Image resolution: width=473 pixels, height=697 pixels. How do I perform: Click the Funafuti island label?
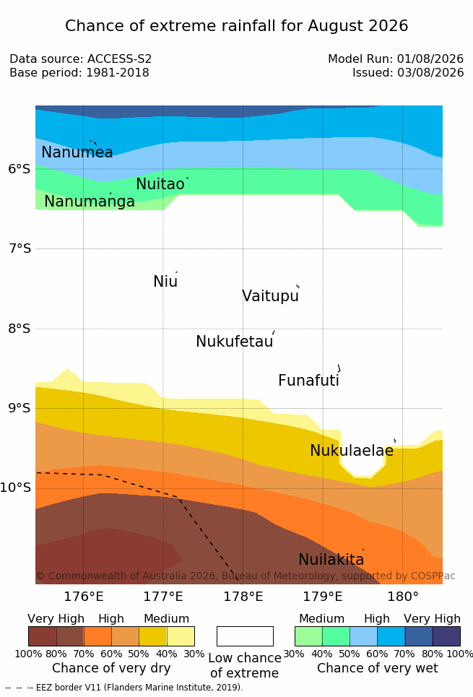click(308, 381)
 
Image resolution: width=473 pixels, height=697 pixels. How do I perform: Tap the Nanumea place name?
click(77, 152)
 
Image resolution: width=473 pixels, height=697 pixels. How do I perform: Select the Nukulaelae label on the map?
click(352, 450)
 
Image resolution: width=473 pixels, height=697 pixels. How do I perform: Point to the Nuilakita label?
click(331, 559)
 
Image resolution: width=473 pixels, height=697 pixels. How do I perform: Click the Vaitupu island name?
click(270, 296)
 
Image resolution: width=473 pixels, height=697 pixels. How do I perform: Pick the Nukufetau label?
click(235, 342)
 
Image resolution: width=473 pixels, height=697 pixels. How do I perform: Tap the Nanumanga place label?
click(90, 202)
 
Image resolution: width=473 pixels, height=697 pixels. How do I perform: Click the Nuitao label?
click(160, 184)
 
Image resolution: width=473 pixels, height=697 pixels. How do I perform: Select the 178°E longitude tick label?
click(243, 597)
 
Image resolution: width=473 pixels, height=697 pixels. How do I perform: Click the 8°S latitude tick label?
click(19, 329)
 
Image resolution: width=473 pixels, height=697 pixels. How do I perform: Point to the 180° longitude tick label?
click(403, 597)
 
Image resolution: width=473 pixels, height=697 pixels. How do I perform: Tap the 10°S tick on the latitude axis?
click(16, 488)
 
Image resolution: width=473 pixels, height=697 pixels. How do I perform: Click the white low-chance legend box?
click(245, 636)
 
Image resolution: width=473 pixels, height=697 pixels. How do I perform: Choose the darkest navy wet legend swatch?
click(446, 636)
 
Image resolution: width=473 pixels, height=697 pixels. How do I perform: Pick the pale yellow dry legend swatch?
click(181, 636)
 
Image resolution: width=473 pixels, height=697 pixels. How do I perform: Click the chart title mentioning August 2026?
click(237, 26)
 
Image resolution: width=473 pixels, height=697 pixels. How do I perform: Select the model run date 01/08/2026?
click(430, 59)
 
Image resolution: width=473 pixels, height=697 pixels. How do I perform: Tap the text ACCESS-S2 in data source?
click(120, 59)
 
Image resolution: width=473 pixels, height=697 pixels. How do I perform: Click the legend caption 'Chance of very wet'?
click(378, 668)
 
